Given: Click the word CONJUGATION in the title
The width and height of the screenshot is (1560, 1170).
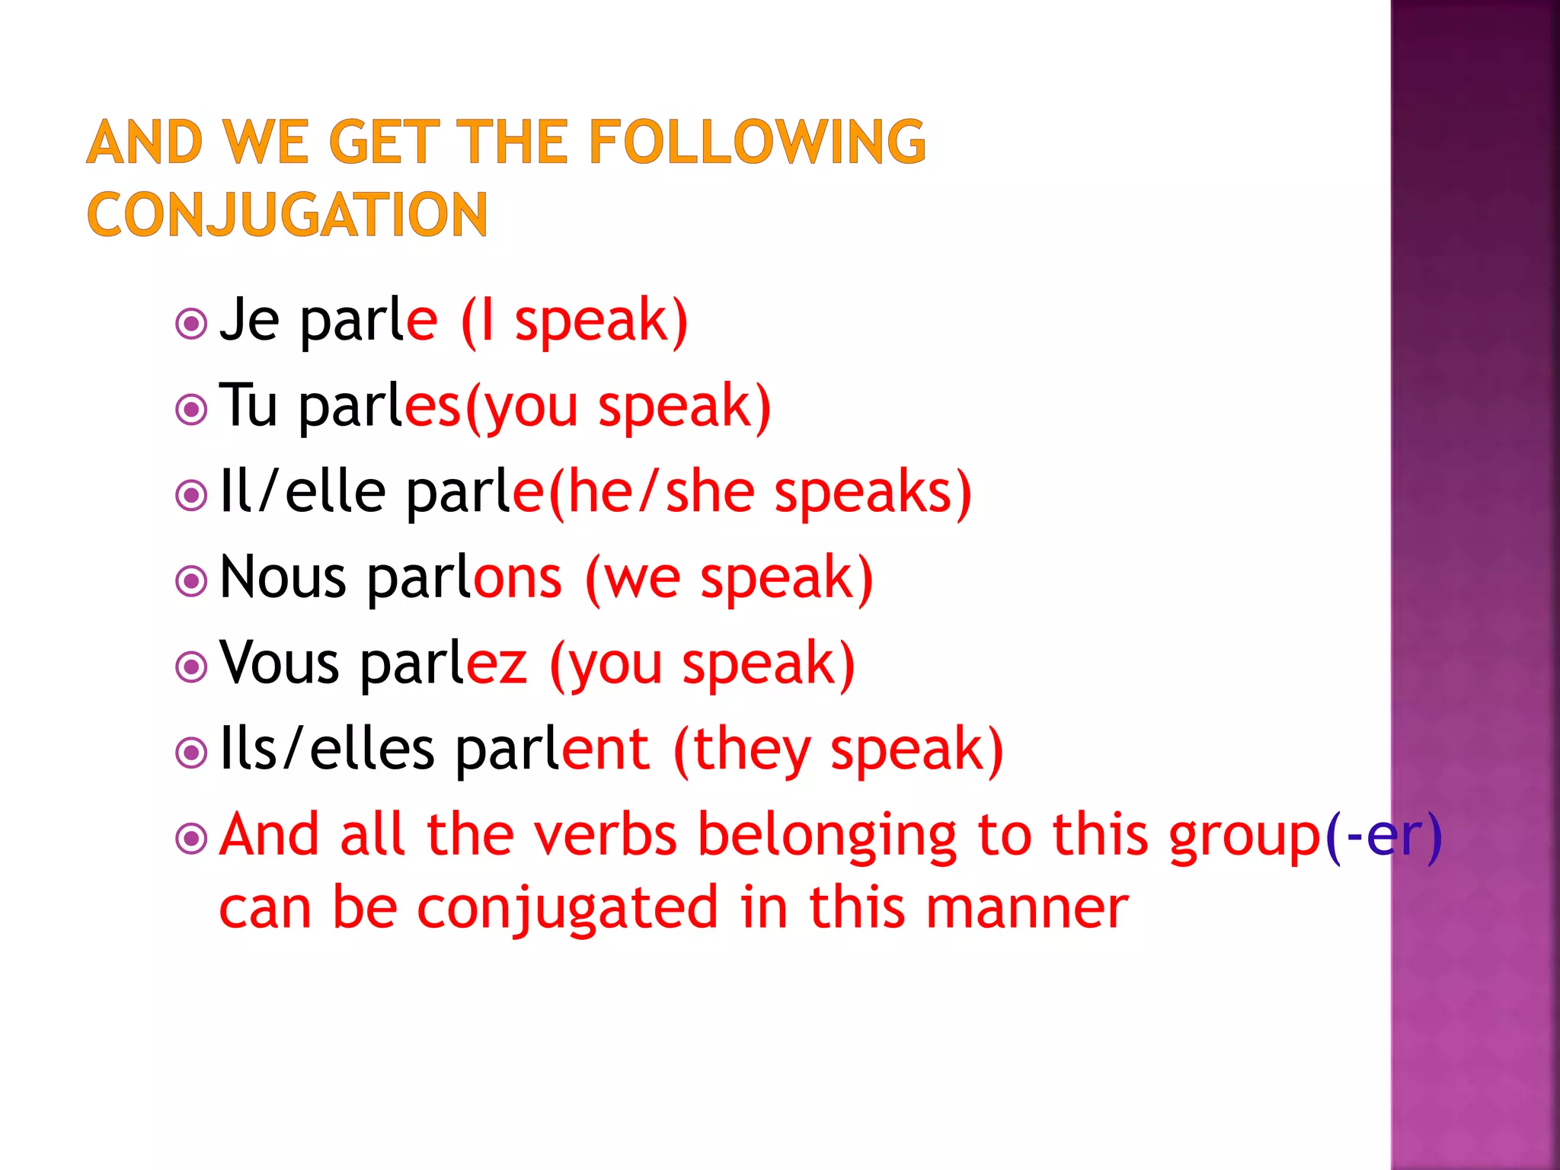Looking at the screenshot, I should click(287, 215).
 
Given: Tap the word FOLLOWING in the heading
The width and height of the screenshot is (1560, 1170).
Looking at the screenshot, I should click(757, 142).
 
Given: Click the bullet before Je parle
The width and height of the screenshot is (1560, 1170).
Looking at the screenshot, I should click(191, 324).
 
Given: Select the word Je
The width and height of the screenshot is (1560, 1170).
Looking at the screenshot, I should click(249, 320).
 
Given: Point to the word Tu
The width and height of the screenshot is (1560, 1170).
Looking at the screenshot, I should click(248, 405).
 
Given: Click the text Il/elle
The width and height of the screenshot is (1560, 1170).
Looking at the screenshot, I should click(302, 491).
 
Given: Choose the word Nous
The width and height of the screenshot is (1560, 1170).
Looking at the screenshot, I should click(283, 577).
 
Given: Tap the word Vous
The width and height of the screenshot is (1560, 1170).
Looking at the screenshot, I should click(279, 663).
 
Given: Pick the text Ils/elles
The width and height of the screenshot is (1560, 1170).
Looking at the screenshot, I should click(327, 749).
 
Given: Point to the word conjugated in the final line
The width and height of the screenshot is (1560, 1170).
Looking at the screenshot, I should click(567, 909).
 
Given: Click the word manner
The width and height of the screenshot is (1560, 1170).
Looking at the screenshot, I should click(1028, 909).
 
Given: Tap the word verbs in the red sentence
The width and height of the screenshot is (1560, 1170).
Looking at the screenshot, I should click(605, 836).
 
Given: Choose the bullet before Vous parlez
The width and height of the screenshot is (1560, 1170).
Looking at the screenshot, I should click(191, 667).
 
